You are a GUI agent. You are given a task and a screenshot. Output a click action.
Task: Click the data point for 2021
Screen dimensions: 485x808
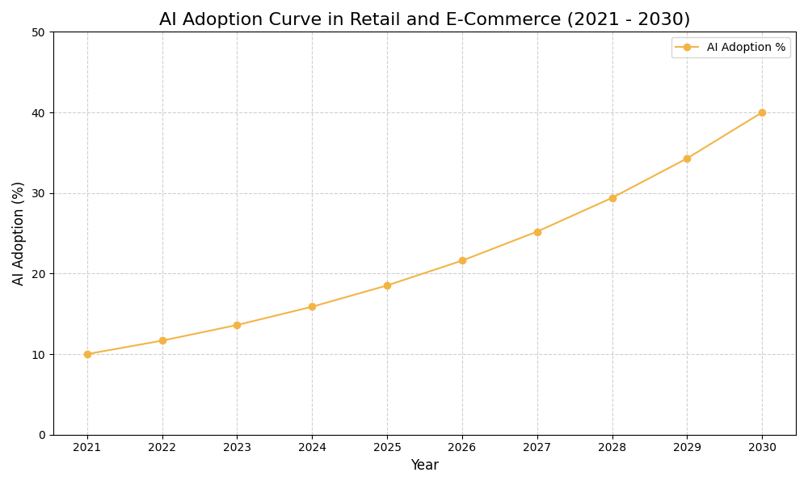pyautogui.click(x=87, y=354)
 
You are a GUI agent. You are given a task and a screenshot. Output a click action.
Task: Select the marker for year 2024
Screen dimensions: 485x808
pyautogui.click(x=312, y=306)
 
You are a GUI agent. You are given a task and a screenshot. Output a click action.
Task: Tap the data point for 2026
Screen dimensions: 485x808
pyautogui.click(x=462, y=260)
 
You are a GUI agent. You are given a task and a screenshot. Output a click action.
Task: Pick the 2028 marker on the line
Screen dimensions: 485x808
pyautogui.click(x=612, y=198)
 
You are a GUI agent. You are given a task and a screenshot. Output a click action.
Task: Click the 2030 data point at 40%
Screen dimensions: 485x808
pyautogui.click(x=762, y=112)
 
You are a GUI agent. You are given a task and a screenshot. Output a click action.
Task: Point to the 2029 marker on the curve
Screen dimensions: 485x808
pyautogui.click(x=687, y=158)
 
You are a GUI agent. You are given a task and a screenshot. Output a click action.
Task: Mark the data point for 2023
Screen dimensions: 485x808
pyautogui.click(x=237, y=325)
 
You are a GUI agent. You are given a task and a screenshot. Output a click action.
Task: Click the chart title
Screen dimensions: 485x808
pyautogui.click(x=424, y=19)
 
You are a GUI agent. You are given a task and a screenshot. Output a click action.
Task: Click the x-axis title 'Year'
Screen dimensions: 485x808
pyautogui.click(x=424, y=466)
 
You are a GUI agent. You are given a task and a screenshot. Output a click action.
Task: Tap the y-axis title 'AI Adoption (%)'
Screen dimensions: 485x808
pyautogui.click(x=19, y=233)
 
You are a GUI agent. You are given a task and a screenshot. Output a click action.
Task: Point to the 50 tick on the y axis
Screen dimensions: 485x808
pyautogui.click(x=38, y=32)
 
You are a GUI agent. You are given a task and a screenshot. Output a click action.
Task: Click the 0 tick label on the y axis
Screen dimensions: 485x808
pyautogui.click(x=42, y=435)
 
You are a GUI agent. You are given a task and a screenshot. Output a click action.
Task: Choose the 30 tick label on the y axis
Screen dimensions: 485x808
pyautogui.click(x=38, y=193)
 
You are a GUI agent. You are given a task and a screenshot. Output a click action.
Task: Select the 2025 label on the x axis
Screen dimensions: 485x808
pyautogui.click(x=387, y=447)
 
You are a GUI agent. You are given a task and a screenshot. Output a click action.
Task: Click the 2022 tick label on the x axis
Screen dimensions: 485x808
pyautogui.click(x=162, y=447)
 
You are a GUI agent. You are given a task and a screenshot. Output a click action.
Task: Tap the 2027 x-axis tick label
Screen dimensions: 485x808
pyautogui.click(x=537, y=447)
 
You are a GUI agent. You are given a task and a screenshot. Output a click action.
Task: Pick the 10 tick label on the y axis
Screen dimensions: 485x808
pyautogui.click(x=38, y=354)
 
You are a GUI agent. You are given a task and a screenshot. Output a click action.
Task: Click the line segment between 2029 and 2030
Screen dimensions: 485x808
pyautogui.click(x=725, y=135)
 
